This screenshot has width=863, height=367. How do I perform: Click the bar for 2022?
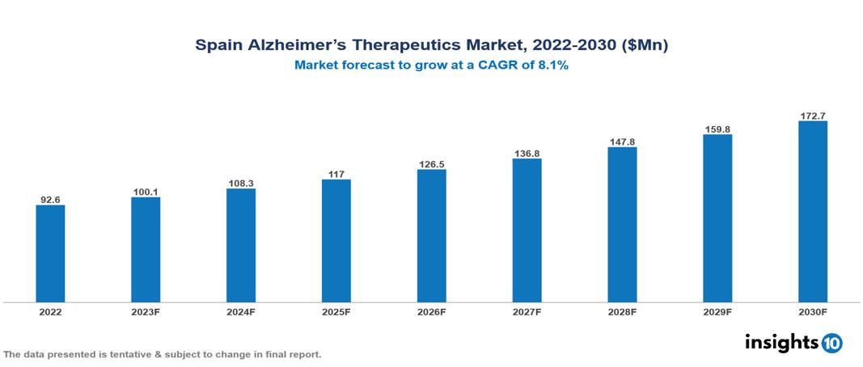pos(50,253)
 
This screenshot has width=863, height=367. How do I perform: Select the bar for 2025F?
pos(336,240)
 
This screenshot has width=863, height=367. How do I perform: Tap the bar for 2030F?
pos(813,212)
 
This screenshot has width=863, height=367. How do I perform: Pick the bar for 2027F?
pos(527,230)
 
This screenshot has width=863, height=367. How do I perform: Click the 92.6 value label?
pos(50,199)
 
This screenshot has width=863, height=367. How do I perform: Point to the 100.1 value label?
pos(146,192)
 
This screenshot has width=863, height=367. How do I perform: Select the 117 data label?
pos(336,173)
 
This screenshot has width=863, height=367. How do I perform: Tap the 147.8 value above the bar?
pos(622,141)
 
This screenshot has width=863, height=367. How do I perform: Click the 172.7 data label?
pos(813,116)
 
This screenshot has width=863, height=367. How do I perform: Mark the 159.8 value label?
pos(717,129)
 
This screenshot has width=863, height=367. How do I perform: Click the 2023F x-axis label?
pos(146,312)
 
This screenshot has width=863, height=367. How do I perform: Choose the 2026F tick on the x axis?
pos(431,312)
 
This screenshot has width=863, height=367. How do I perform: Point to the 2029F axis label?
pos(717,312)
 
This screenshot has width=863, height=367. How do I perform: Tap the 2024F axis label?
pos(241,312)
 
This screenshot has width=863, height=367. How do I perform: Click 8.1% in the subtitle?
pos(552,65)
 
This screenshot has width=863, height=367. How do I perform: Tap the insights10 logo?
pos(793,343)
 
